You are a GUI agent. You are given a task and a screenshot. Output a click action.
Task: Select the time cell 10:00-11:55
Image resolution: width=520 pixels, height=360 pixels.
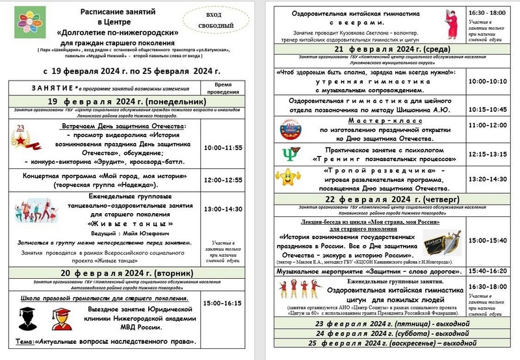pos(223,148)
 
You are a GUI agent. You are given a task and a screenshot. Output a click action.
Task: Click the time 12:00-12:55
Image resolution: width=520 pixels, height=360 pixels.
pos(223,179)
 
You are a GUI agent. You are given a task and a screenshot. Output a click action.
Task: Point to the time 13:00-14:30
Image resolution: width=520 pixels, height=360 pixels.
pos(223,209)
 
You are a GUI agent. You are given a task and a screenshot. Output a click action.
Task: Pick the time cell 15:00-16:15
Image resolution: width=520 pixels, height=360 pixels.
pos(223,303)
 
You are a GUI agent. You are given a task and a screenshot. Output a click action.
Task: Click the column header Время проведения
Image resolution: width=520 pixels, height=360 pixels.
pos(223,89)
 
